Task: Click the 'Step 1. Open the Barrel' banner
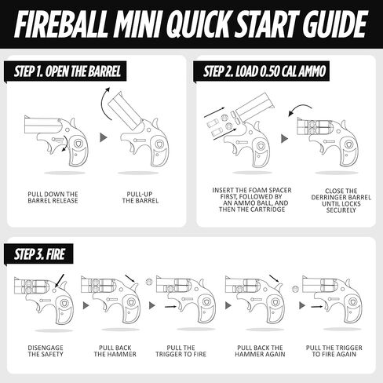tap(67, 72)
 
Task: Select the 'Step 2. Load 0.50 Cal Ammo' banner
tap(263, 72)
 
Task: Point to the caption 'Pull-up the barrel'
tap(141, 197)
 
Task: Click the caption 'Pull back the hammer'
tap(115, 350)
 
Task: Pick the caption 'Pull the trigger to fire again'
tap(327, 350)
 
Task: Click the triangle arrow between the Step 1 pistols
tap(102, 138)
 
